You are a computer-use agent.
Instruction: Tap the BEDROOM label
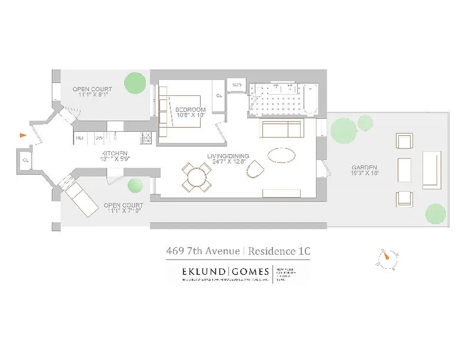pos(190,110)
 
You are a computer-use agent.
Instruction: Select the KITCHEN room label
pos(114,153)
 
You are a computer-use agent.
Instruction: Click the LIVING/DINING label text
pos(228,157)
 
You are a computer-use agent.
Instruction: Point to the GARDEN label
pos(364,167)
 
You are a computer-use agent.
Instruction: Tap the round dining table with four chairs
pos(197,177)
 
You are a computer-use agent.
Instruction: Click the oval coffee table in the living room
pos(282,155)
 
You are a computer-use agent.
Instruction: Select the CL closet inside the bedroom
pos(219,96)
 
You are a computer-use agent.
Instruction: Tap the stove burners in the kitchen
pos(146,138)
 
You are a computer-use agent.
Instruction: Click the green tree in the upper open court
pos(135,83)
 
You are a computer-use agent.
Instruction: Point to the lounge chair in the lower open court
pos(81,200)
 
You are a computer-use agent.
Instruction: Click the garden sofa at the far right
pos(432,170)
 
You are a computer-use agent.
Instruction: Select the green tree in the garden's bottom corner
pos(435,213)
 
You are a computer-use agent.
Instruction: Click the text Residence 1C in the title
pos(279,251)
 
